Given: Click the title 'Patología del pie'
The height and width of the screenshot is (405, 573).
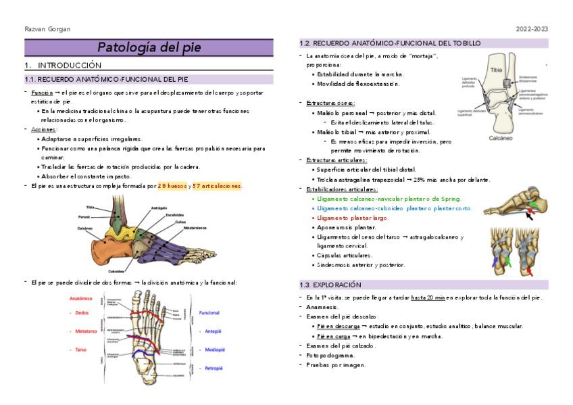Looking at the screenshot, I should pyautogui.click(x=149, y=47).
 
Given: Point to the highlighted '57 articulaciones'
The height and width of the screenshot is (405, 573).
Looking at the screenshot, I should pyautogui.click(x=216, y=185).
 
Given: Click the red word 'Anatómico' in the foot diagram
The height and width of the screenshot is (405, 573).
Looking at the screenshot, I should pyautogui.click(x=81, y=298).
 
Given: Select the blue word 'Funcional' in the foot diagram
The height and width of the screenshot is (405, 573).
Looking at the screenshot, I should pyautogui.click(x=209, y=313).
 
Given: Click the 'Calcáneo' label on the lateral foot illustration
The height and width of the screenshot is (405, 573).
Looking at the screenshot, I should pyautogui.click(x=85, y=229).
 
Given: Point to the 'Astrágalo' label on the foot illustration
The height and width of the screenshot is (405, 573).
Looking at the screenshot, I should pyautogui.click(x=159, y=208).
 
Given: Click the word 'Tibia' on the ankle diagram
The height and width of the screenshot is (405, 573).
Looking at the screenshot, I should pyautogui.click(x=497, y=70).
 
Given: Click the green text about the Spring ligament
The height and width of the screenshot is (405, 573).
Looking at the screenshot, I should pyautogui.click(x=389, y=199).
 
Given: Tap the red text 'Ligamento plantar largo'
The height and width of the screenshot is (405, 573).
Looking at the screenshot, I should pyautogui.click(x=353, y=218).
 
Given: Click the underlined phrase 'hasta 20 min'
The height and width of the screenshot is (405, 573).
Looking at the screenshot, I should pyautogui.click(x=430, y=297).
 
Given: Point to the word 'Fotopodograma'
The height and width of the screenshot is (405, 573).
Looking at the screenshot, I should pyautogui.click(x=331, y=355).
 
